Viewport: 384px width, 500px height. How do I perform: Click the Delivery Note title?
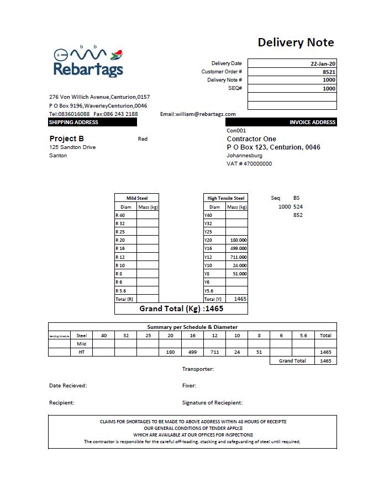(x=296, y=42)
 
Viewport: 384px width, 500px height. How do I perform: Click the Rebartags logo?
(x=88, y=62)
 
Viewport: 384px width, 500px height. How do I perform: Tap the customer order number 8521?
(x=329, y=72)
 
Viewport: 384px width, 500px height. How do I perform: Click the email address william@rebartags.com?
(x=190, y=114)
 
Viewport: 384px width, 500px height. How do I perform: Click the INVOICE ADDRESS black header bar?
(x=281, y=122)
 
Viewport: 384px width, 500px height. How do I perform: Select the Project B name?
(x=66, y=139)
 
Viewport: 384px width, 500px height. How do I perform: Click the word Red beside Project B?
(x=143, y=139)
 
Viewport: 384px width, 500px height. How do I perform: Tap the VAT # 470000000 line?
(x=249, y=163)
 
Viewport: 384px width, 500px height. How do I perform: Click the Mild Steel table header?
(x=136, y=198)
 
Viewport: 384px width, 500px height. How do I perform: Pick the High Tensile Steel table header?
(x=225, y=198)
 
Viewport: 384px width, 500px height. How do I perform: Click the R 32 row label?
(x=120, y=224)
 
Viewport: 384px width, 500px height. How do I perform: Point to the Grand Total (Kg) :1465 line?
(x=181, y=308)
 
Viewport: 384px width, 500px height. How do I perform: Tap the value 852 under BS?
(x=298, y=215)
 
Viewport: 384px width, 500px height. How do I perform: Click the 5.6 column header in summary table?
(x=303, y=335)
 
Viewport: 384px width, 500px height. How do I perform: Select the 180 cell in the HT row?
(x=170, y=352)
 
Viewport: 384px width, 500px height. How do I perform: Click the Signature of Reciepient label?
(x=212, y=403)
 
